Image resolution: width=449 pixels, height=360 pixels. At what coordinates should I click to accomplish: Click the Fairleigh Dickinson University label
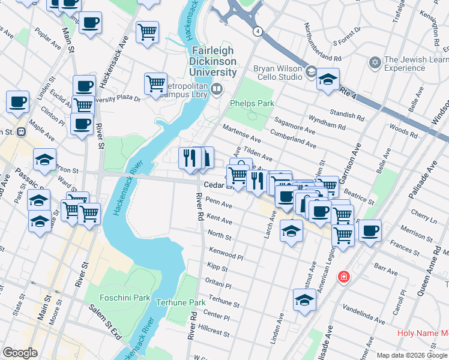[x=213, y=61]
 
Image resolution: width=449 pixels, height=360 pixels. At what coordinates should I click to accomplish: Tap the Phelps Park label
[x=252, y=103]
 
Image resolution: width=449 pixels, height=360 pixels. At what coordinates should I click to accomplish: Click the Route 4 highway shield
[x=257, y=31]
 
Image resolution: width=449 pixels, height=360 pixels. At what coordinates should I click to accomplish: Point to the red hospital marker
[x=343, y=277]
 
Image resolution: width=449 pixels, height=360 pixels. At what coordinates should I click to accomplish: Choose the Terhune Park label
[x=181, y=302]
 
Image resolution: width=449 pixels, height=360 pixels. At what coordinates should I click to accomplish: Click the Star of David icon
[x=375, y=62]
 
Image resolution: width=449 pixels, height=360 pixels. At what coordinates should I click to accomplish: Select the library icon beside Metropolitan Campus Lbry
[x=216, y=89]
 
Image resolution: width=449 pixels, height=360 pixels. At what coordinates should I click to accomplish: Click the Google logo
[x=20, y=353]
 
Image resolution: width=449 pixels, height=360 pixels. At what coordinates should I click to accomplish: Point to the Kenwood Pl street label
[x=226, y=252]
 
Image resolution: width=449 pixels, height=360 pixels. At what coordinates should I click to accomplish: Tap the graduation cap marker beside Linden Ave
[x=304, y=300]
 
